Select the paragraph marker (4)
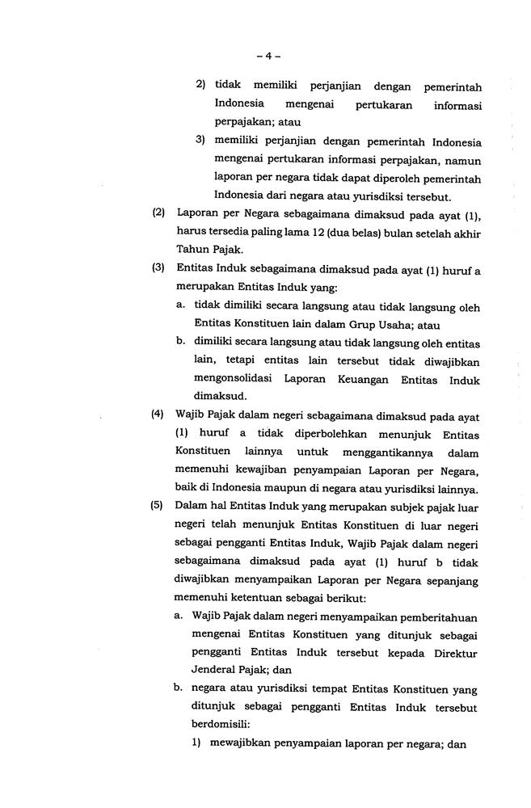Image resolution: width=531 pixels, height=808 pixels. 158,416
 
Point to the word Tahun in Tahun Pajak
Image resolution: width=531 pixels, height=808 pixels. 192,249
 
